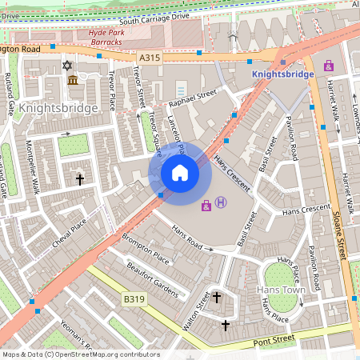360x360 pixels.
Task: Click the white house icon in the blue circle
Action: [x=180, y=173]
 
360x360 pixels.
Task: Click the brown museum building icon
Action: [x=73, y=81]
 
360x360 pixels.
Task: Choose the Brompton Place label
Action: [x=146, y=249]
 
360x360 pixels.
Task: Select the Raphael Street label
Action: [x=192, y=98]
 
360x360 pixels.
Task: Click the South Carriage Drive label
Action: [x=152, y=18]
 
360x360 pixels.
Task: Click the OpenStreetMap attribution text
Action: [x=81, y=354]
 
